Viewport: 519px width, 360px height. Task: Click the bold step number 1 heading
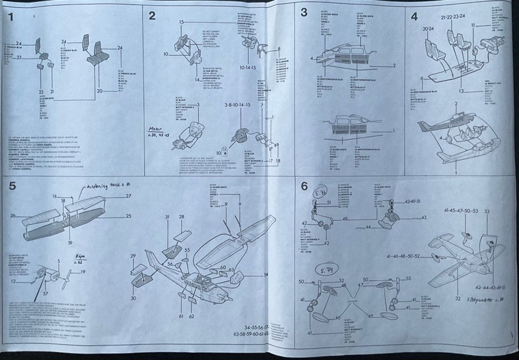[11, 16]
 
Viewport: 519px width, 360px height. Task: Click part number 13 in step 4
[461, 91]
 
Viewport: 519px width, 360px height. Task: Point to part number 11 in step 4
[473, 26]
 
